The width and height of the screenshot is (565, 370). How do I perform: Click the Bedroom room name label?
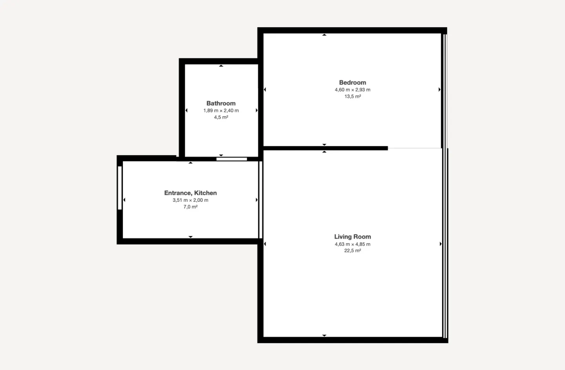[x=352, y=83]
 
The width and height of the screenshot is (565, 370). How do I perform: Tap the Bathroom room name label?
[x=221, y=103]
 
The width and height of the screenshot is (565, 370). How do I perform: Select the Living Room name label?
[x=352, y=237]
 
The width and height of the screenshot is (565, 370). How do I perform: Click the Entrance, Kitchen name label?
[x=190, y=193]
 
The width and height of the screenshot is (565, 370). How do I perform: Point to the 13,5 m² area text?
[x=352, y=96]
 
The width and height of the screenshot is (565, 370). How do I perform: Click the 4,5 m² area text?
[x=221, y=117]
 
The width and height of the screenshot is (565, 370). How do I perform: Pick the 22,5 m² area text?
[x=352, y=251]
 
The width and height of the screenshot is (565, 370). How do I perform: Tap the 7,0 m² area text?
[x=190, y=207]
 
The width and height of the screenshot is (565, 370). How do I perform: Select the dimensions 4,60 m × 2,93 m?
[x=352, y=90]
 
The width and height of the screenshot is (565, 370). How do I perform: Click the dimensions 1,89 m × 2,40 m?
[x=221, y=111]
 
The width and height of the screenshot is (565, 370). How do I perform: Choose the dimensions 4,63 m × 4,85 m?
[x=352, y=244]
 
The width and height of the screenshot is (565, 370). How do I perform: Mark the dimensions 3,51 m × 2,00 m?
[x=190, y=200]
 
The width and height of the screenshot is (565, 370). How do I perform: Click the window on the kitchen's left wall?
[x=120, y=188]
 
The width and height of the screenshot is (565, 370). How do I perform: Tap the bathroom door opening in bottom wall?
[x=231, y=159]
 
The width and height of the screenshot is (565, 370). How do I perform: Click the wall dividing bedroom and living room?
[x=325, y=148]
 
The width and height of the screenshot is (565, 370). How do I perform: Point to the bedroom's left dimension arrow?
[x=265, y=90]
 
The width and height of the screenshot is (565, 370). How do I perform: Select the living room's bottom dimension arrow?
[x=324, y=336]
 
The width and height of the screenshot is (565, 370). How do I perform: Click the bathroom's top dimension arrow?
[x=221, y=66]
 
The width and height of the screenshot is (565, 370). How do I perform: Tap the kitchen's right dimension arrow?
[x=257, y=200]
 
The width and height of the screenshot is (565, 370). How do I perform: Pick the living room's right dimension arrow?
[x=440, y=244]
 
